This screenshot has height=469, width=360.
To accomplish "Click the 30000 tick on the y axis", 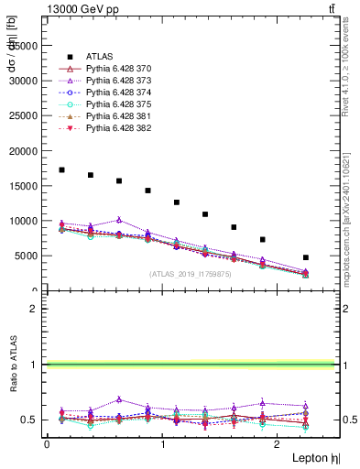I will coord(24,80).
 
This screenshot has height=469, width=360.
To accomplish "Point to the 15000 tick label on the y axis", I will coord(24,186).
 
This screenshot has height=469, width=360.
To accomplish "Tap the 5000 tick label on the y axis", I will coord(27,256).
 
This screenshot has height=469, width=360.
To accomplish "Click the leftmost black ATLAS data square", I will coord(61,169).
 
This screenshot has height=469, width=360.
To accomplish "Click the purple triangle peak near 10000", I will coord(119,220).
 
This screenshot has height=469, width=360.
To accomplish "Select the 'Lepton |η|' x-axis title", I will coord(314,456).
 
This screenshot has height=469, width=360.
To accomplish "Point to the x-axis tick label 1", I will coord(162,443).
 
